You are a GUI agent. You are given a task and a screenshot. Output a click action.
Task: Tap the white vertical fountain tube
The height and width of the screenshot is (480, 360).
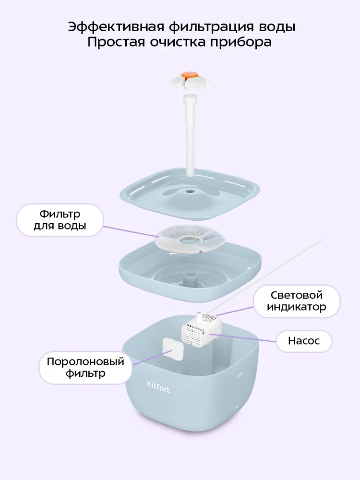(190, 134)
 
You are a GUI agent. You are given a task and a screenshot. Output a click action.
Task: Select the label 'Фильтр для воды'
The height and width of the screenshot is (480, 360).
(60, 220)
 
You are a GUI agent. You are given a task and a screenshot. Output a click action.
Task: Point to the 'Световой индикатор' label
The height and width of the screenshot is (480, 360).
(296, 301)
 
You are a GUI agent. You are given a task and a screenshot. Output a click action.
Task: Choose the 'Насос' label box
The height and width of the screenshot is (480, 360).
(303, 341)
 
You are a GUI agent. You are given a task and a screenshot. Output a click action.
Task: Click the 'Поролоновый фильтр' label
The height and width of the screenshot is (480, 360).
(78, 367)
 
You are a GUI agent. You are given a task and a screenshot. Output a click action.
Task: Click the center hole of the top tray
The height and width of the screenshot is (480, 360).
(190, 192)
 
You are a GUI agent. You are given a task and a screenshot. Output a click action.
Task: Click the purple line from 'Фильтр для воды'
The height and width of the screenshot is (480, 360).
(130, 230)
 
